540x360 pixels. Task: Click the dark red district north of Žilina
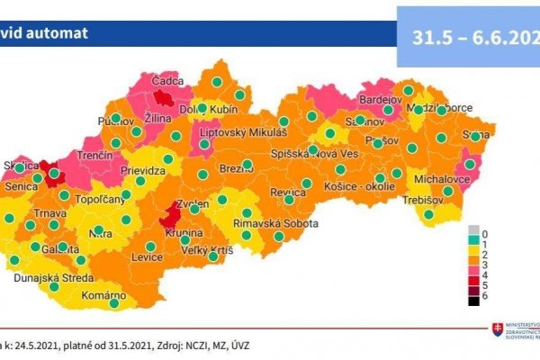(x=165, y=97)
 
